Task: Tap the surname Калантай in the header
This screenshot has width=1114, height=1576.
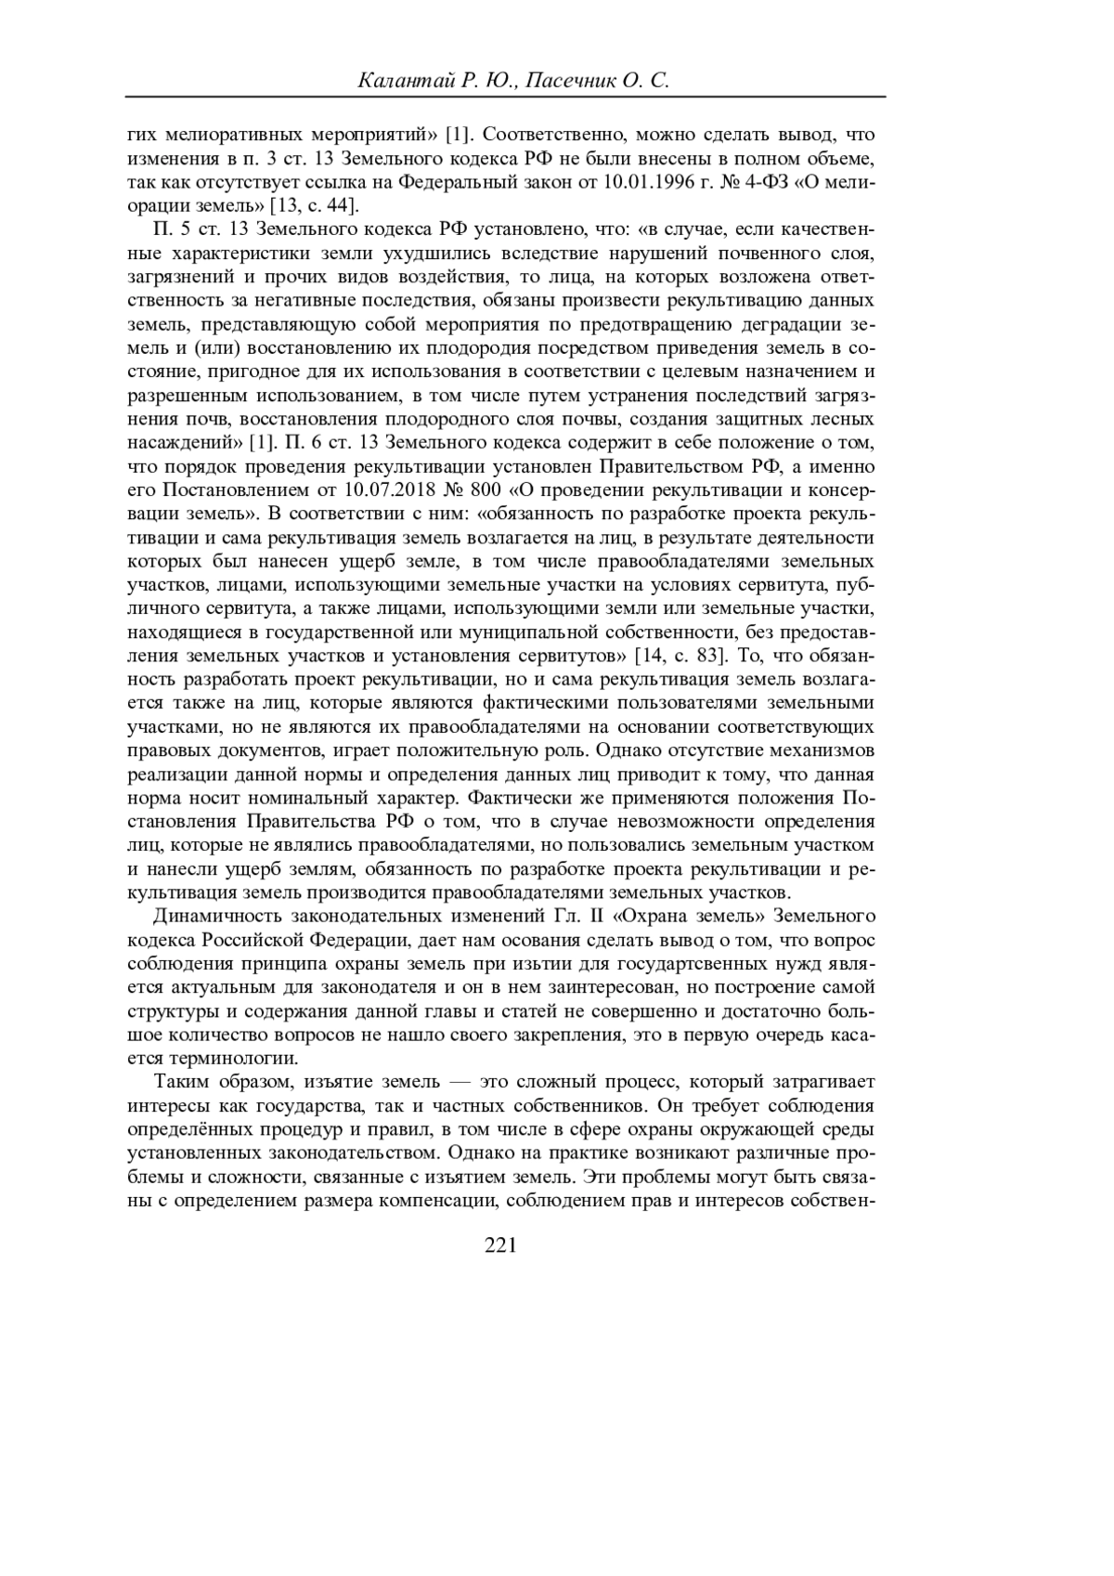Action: [402, 82]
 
